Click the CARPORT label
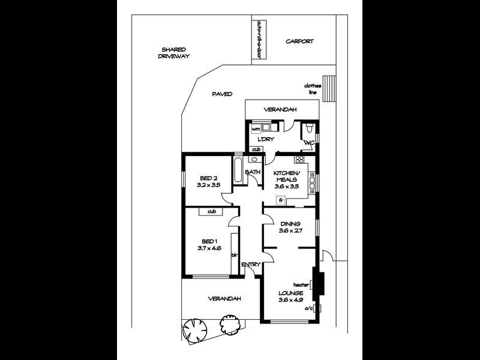(299, 41)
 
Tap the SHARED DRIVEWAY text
(173, 53)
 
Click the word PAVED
(222, 94)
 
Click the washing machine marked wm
(256, 128)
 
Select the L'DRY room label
(266, 139)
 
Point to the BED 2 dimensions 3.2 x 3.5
(209, 185)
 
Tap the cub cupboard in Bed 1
(211, 211)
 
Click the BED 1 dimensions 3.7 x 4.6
(209, 247)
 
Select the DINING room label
(290, 223)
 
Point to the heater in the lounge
(320, 284)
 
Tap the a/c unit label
(309, 308)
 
